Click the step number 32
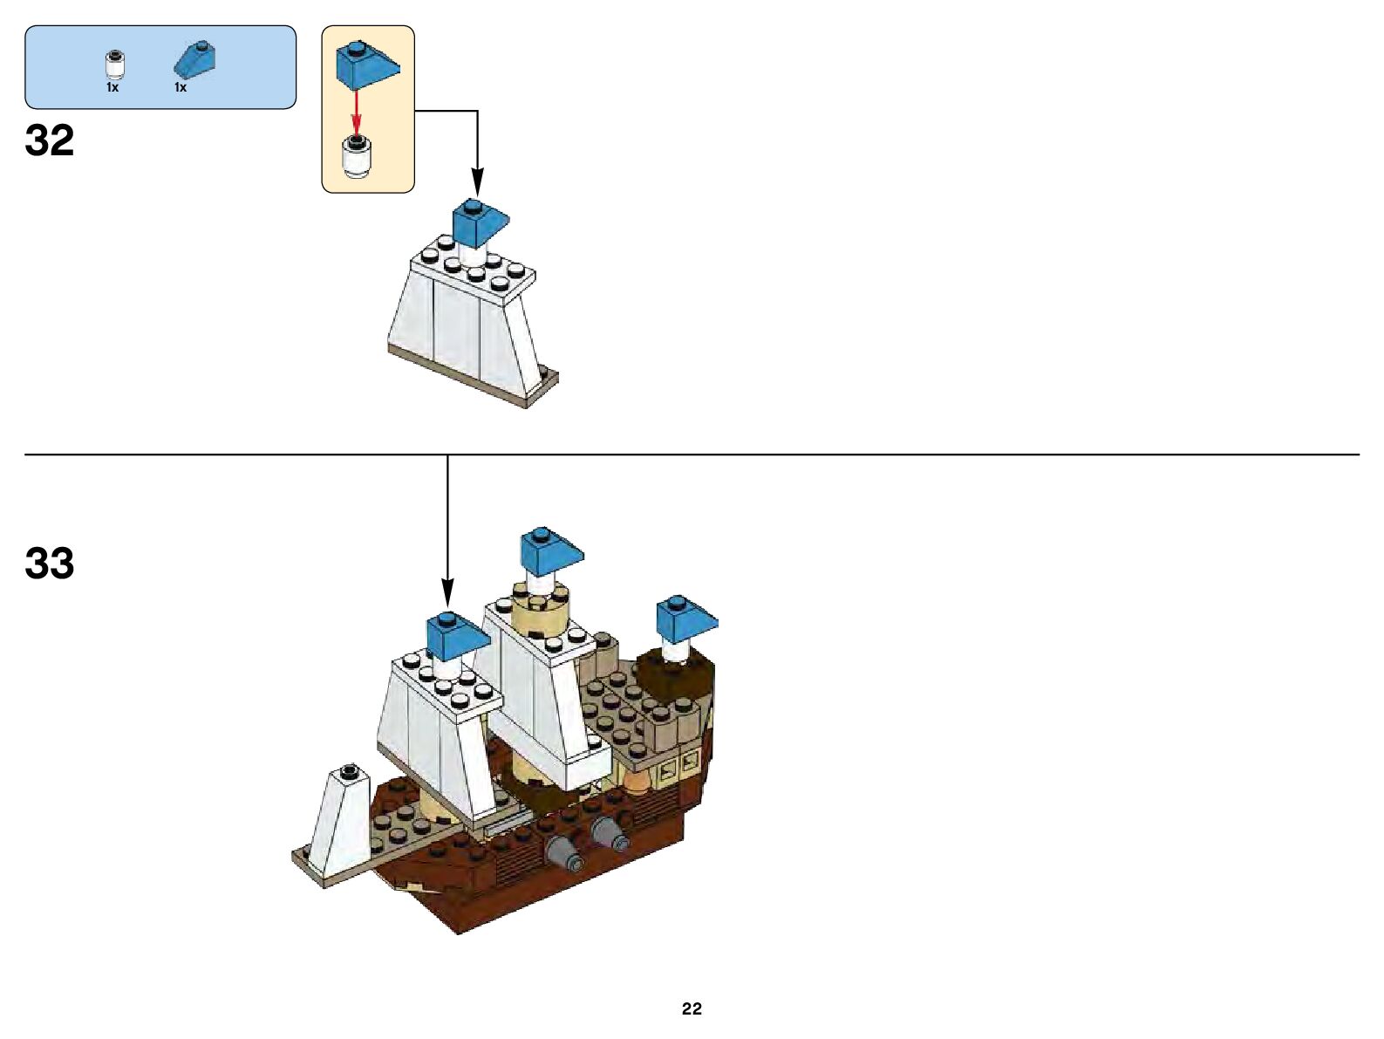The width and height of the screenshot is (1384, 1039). [50, 141]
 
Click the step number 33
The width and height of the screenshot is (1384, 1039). [50, 564]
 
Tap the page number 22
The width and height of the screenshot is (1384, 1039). [692, 1008]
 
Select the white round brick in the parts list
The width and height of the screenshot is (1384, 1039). [112, 65]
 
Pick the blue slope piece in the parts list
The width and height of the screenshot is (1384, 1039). [195, 59]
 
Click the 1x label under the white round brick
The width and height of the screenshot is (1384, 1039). [112, 87]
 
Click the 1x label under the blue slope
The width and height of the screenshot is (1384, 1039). [181, 87]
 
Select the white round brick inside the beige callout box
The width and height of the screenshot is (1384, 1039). [356, 157]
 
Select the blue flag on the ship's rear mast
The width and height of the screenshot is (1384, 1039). [685, 618]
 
